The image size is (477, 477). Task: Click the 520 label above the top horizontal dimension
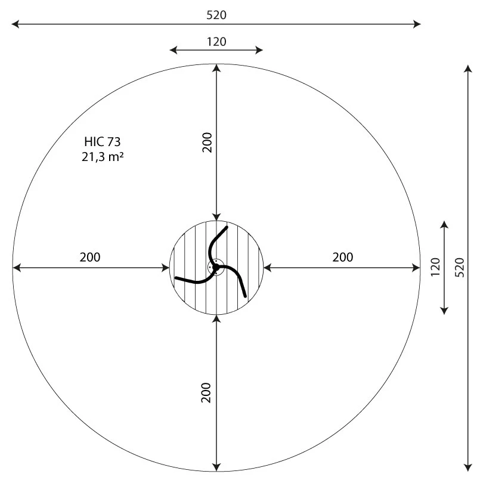pos(216,15)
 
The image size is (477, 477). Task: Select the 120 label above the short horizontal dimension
pos(216,42)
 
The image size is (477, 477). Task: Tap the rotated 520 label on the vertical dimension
pos(459,267)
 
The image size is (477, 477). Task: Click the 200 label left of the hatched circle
pos(90,258)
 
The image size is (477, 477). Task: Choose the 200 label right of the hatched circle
pos(343,258)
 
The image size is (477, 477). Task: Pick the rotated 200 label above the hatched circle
pos(207,142)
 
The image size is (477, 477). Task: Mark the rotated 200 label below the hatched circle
pos(207,392)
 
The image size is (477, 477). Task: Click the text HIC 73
pos(103,142)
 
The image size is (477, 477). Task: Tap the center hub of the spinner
pos(216,267)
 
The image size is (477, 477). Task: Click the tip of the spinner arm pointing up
pos(227,227)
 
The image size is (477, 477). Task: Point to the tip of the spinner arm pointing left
pos(176,278)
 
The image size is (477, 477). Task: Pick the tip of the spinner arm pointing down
pos(245,296)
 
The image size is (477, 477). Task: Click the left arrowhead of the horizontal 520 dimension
pos(14,24)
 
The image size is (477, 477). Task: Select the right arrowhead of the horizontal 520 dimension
pos(419,24)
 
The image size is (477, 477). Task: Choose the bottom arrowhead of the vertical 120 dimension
pos(444,312)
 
